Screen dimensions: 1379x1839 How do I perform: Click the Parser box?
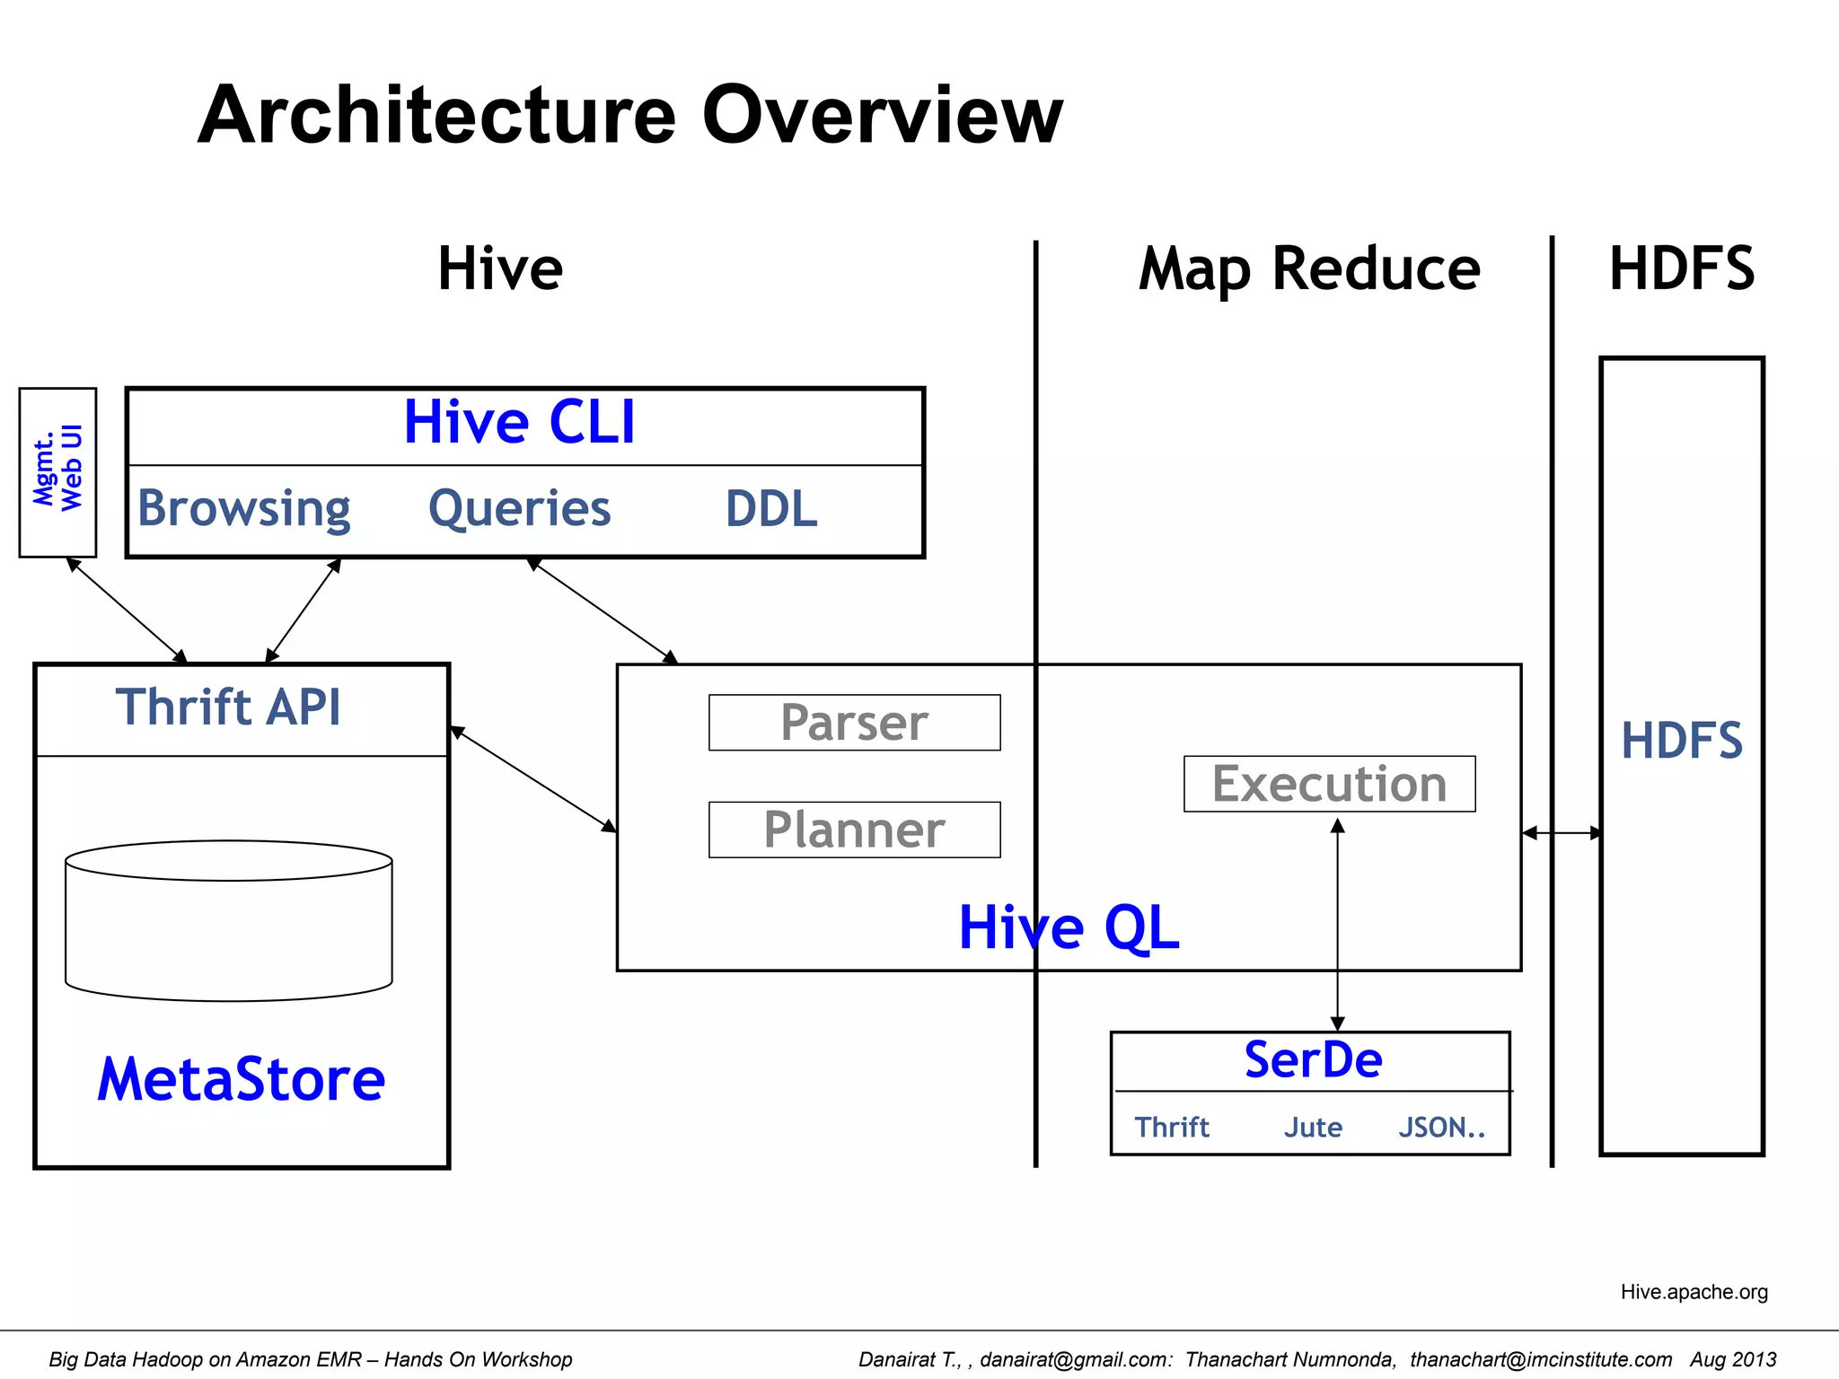point(854,723)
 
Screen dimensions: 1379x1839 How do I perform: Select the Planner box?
point(854,830)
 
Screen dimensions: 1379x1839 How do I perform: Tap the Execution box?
point(1329,784)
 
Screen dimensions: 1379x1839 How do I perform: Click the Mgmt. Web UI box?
point(57,472)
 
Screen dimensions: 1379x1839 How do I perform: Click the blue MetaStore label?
point(241,1079)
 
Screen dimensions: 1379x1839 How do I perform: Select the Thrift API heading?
point(228,707)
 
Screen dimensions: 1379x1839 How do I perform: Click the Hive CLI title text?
point(519,423)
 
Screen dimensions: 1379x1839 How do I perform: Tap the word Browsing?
point(243,509)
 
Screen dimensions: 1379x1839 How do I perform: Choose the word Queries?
point(519,509)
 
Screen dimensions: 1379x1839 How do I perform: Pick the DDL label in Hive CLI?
point(770,509)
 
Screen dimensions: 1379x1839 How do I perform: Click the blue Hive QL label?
point(1069,927)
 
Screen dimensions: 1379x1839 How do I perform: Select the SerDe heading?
point(1313,1060)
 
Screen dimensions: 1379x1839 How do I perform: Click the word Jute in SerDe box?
point(1312,1128)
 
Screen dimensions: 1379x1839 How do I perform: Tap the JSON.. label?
point(1441,1128)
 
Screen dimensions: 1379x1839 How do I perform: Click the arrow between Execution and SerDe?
point(1337,925)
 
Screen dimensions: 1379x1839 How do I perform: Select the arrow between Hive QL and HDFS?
point(1561,833)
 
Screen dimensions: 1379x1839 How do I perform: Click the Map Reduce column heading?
point(1309,269)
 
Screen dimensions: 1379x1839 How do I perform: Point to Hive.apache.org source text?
point(1694,1292)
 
